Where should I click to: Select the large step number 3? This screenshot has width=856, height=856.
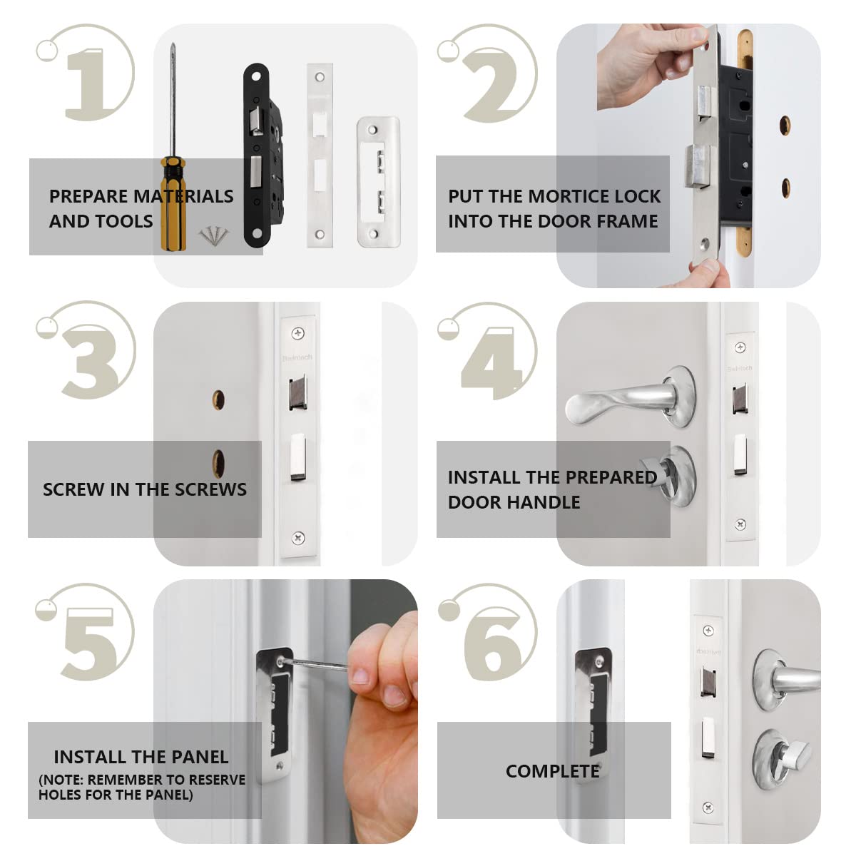pos(91,362)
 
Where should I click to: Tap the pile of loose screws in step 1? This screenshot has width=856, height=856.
pos(214,235)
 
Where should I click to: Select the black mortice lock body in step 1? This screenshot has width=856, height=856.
pos(262,156)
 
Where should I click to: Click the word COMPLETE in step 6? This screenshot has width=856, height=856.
pos(553,771)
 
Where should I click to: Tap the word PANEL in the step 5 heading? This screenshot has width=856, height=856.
pos(200,757)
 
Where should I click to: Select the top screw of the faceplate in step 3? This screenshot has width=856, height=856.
pos(297,332)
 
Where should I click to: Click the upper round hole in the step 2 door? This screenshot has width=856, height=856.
pos(785,126)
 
